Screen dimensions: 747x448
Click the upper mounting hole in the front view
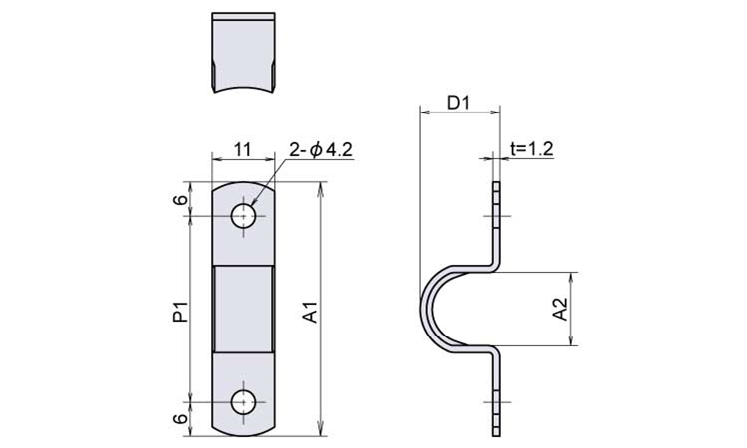(243, 216)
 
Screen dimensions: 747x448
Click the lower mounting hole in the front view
(243, 402)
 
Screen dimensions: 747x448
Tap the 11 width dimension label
(243, 150)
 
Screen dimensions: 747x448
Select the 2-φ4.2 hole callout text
(320, 150)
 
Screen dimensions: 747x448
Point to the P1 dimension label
(180, 312)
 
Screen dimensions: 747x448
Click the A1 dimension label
(311, 312)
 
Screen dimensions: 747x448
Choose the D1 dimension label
(459, 103)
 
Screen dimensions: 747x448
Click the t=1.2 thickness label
(532, 149)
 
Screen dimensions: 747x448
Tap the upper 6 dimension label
(180, 199)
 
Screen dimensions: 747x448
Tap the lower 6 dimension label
(180, 418)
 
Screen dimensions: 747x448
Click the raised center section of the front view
(243, 309)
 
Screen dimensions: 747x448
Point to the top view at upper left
(243, 53)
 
